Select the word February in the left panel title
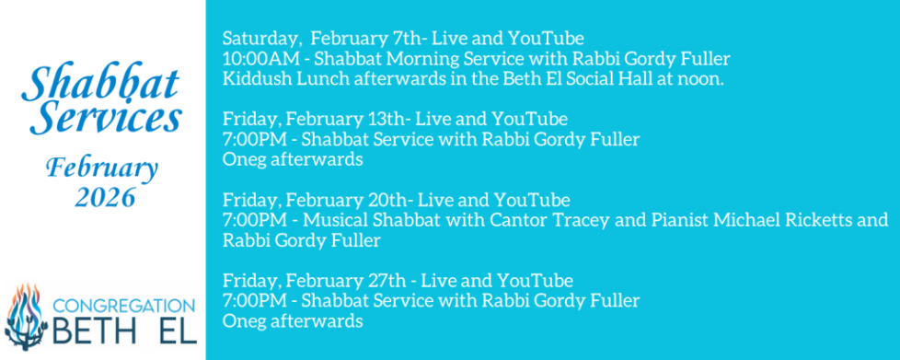coord(104,169)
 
